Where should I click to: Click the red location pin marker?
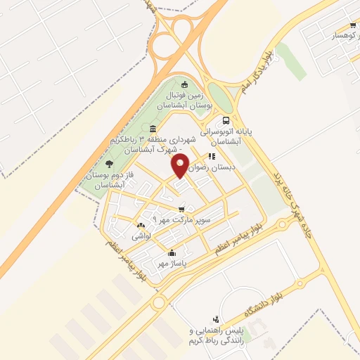click(x=181, y=166)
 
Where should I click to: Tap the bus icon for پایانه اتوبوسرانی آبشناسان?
click(x=226, y=120)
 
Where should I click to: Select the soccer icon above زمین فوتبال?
click(x=185, y=85)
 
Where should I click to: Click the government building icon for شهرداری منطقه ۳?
click(x=153, y=127)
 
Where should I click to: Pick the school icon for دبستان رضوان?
click(x=210, y=157)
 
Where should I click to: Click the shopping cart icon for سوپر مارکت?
click(x=182, y=209)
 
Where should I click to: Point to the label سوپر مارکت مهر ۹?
click(x=187, y=221)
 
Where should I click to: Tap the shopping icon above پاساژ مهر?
click(x=172, y=252)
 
